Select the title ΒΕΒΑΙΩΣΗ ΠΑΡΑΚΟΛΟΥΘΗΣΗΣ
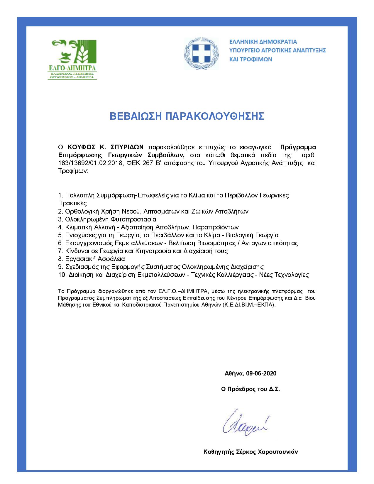coord(187,116)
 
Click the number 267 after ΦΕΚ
coord(148,163)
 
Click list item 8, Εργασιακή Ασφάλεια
coord(92,259)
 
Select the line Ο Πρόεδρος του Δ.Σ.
coord(251,389)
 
